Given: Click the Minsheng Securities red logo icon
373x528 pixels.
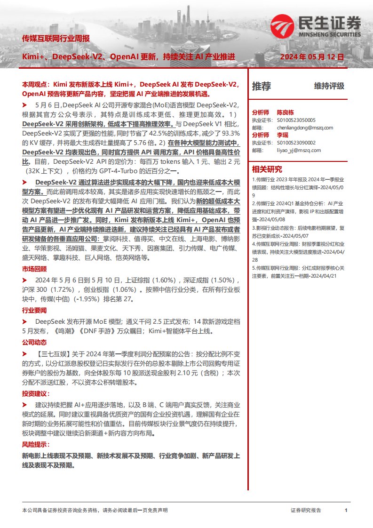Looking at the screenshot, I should [281, 26].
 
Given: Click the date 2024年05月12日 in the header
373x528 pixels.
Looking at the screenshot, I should [312, 56].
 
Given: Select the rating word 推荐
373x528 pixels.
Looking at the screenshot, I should [262, 86].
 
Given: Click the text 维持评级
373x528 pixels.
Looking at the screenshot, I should [329, 86].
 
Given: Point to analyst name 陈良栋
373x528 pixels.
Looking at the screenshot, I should [285, 112].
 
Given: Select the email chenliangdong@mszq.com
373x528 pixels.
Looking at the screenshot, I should [299, 128].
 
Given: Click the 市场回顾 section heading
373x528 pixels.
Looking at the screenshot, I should [34, 269].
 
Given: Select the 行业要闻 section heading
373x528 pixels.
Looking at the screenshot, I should [34, 311].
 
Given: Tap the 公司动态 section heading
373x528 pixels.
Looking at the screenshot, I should [34, 341].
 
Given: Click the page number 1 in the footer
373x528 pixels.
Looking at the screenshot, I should [346, 510].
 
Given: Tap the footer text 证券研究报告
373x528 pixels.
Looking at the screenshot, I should [306, 510].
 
